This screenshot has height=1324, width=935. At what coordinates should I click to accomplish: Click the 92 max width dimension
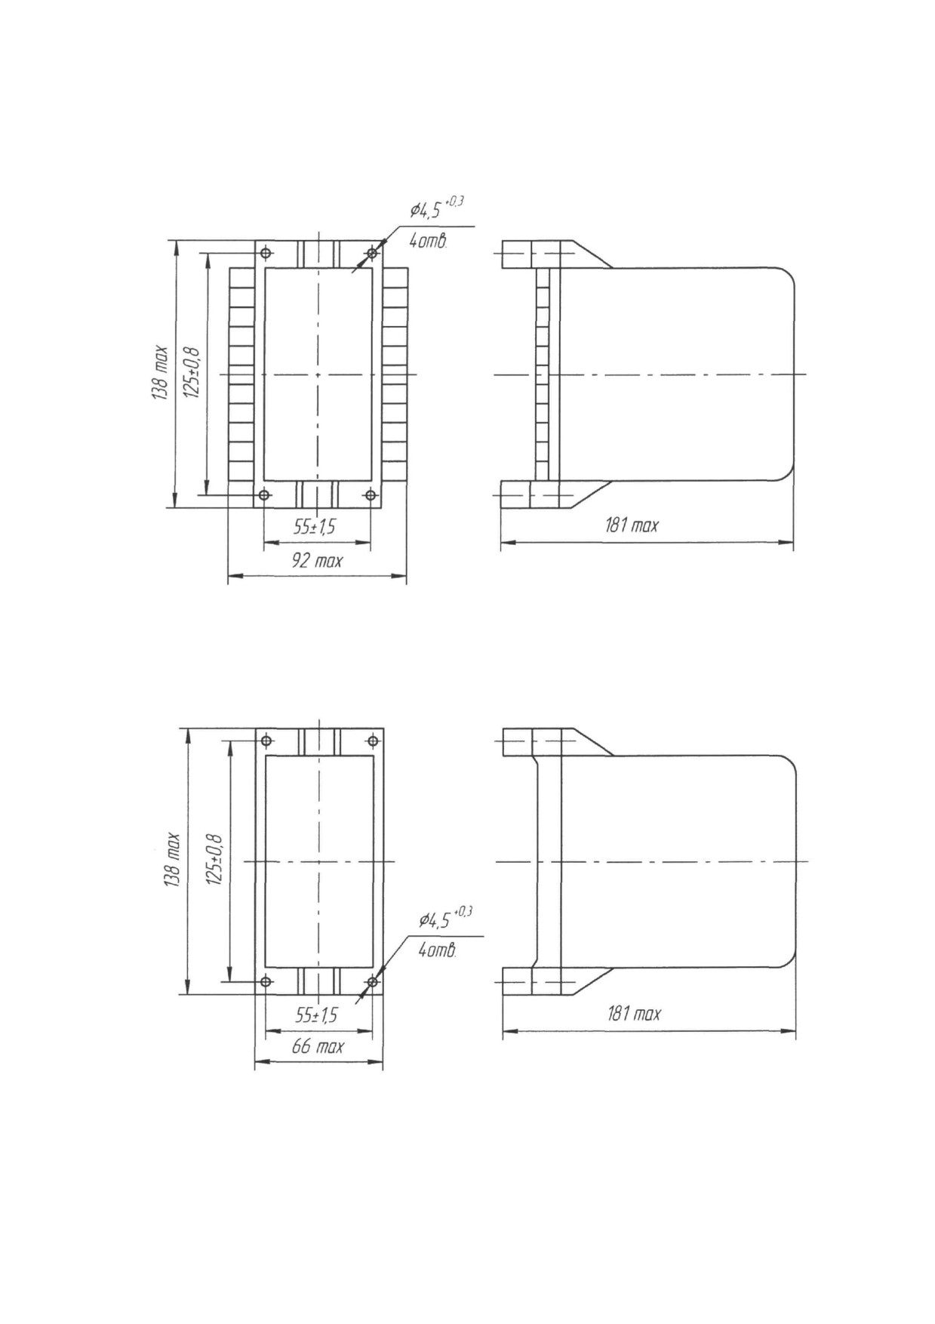pyautogui.click(x=318, y=561)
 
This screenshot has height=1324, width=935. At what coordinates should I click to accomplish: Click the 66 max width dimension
pyautogui.click(x=318, y=1046)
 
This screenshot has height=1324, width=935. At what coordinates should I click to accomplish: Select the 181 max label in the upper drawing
pyautogui.click(x=632, y=525)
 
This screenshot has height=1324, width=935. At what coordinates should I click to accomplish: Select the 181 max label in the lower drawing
pyautogui.click(x=634, y=1013)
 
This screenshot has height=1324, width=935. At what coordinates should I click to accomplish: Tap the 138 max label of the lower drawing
pyautogui.click(x=172, y=861)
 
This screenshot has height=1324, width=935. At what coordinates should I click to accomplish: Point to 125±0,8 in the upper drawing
pyautogui.click(x=192, y=373)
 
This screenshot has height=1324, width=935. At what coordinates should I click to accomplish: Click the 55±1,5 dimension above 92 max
pyautogui.click(x=315, y=527)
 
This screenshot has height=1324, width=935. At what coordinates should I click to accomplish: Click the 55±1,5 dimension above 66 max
pyautogui.click(x=316, y=1015)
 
